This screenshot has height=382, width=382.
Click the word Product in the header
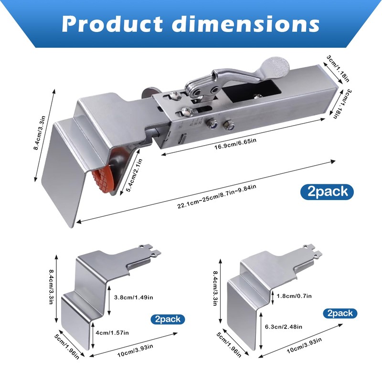pos(112,23)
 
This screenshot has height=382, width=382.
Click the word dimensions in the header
pos(245,23)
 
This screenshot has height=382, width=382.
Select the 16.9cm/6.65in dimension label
pos(235,144)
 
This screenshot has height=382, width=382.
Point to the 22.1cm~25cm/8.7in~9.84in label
pos(217,197)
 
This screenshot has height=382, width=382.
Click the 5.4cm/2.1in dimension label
pos(134,175)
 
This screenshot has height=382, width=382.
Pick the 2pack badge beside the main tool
pos(327,192)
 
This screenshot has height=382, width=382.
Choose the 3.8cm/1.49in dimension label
pos(134,297)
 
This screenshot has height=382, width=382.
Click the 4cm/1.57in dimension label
pos(112,332)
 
